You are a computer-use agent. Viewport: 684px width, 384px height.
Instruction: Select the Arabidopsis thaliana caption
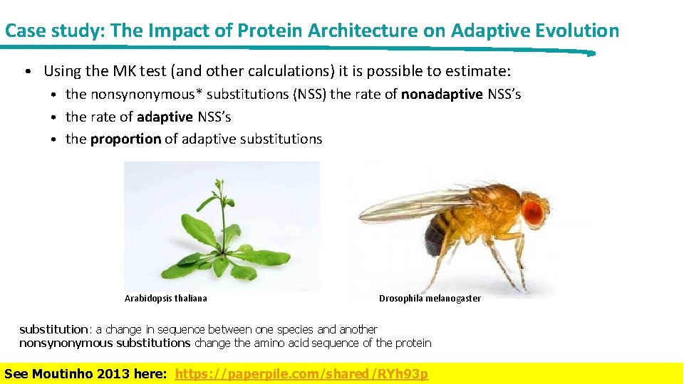pos(165,299)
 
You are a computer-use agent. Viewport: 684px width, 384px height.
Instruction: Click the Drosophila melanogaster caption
pos(430,299)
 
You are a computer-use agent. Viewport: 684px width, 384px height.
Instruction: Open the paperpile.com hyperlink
pos(301,374)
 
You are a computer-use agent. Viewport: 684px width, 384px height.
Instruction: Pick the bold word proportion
pos(125,139)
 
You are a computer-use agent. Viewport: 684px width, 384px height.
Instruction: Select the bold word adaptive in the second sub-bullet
pos(165,117)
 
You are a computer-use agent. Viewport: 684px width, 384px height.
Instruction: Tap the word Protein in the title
pos(264,31)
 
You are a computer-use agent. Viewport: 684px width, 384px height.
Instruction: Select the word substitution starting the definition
pos(53,329)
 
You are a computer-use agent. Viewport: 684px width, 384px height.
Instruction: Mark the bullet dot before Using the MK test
pos(26,72)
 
